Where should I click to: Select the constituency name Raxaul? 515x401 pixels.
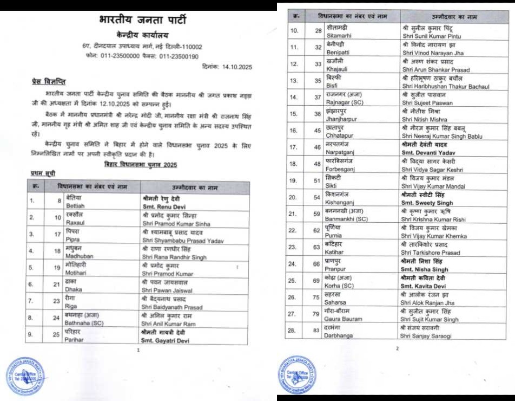(75, 222)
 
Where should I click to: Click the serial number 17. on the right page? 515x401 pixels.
(294, 147)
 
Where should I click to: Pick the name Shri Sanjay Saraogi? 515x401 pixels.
(427, 336)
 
